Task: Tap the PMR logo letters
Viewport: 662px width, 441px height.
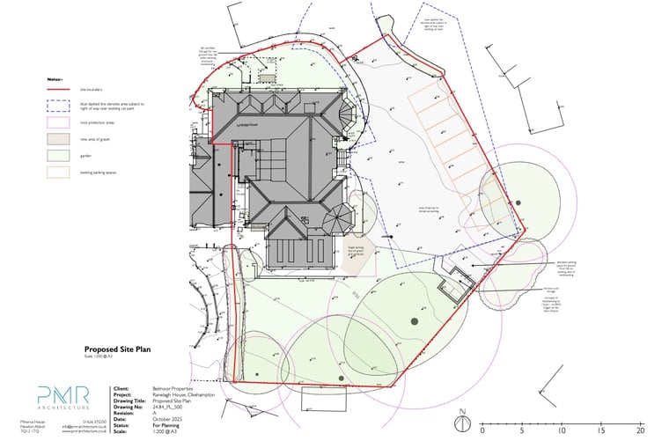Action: tap(63, 394)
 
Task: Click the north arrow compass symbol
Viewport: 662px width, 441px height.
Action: tap(461, 422)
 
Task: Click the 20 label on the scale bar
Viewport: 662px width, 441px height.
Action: tap(640, 433)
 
